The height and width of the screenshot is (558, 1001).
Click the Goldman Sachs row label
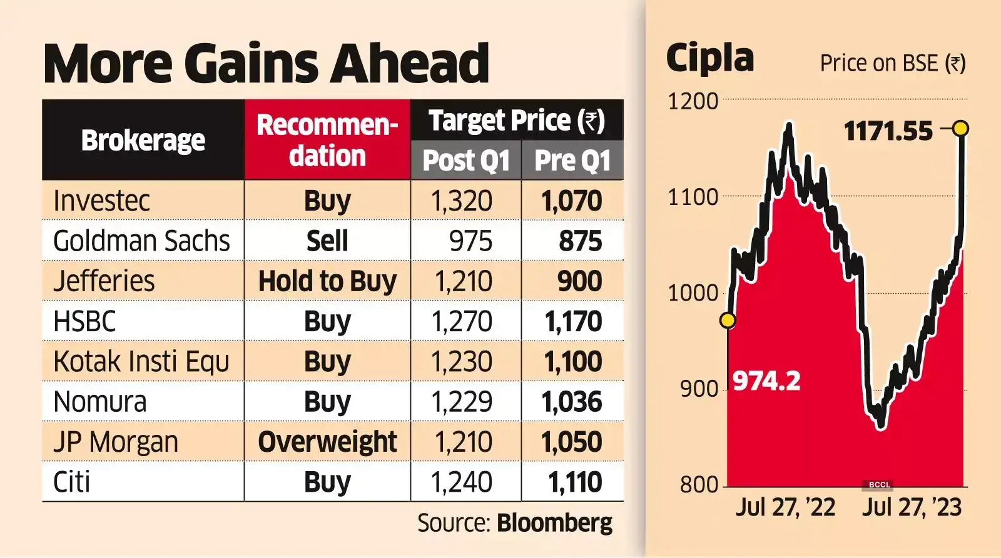pos(141,241)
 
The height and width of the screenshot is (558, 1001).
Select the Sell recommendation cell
pos(327,241)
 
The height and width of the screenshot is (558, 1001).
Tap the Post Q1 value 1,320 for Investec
pos(462,201)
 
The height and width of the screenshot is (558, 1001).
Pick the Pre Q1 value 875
pos(580,241)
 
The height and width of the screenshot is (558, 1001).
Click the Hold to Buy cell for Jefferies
pos(327,281)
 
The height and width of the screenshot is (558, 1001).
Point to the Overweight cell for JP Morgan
pos(327,442)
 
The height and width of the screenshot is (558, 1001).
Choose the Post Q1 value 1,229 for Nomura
pos(462,402)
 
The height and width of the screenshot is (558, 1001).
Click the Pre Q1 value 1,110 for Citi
pos(574,482)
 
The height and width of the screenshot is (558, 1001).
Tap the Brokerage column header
pos(143,141)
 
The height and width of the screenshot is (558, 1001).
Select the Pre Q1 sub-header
pos(572,161)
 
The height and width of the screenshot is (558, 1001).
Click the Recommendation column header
pos(327,141)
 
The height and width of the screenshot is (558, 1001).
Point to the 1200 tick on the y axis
pos(693,101)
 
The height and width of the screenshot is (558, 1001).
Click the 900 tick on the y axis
pos(699,389)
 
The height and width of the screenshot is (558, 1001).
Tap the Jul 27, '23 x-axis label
pos(912,507)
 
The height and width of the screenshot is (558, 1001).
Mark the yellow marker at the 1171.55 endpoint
pos(962,129)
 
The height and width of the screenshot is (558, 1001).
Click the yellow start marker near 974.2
pos(728,321)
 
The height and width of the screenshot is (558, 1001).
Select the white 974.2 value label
pos(766,381)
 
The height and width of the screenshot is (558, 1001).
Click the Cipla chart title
pos(710,58)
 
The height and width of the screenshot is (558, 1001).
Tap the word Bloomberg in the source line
pos(554,523)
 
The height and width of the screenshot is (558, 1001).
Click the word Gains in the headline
pos(253,63)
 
